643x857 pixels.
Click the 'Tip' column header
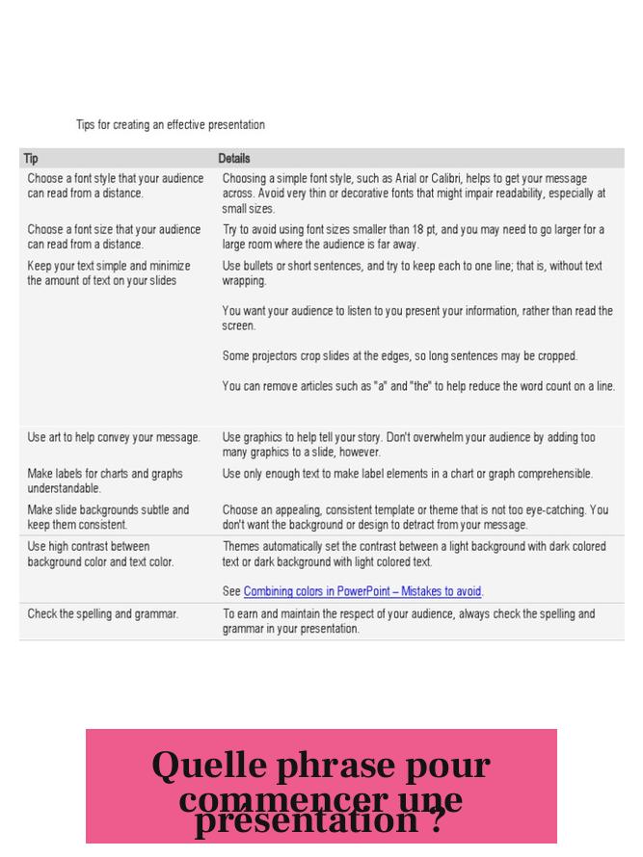tap(31, 158)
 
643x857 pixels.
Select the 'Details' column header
tap(233, 158)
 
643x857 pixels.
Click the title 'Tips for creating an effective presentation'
tap(170, 125)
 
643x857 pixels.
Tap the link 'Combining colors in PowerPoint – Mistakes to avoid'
tap(362, 591)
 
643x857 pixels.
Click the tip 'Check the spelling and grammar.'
tap(102, 613)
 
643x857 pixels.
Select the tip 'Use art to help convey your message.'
tap(114, 437)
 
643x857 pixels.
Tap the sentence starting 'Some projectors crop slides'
tap(400, 355)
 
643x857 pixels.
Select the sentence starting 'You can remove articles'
tap(418, 386)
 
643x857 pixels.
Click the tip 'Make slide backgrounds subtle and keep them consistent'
tap(108, 517)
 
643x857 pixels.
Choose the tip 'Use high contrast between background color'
tap(100, 554)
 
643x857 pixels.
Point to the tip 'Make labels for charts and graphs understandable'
tap(105, 480)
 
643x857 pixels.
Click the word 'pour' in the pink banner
tap(445, 766)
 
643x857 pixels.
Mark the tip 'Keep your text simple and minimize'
tap(109, 273)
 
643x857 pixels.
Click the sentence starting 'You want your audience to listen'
tap(417, 319)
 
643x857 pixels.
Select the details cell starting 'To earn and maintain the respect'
tap(409, 621)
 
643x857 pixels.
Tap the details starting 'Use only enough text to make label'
tap(408, 474)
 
